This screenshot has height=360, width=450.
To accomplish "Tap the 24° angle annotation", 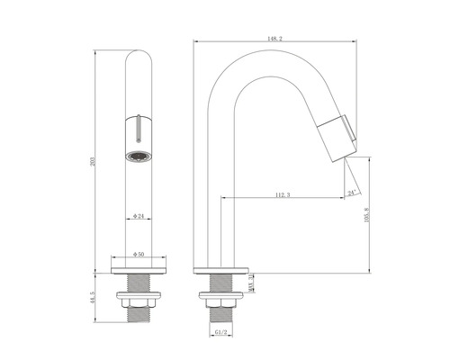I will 350,191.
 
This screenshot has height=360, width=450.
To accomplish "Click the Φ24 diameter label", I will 139,217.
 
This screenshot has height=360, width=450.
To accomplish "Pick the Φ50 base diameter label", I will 139,255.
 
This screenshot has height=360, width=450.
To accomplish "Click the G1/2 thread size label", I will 220,332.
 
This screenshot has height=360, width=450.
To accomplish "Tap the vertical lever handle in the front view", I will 139,128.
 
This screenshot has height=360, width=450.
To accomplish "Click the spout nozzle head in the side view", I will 340,136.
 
